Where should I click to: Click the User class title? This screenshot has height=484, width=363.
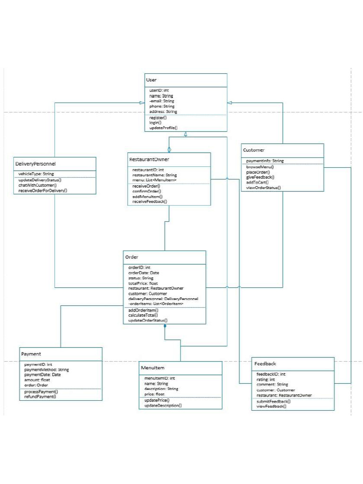[151, 80]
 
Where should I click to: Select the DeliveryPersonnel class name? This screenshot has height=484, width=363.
[35, 164]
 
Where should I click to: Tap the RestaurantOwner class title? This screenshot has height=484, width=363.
[149, 159]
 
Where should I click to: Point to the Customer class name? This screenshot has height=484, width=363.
[254, 150]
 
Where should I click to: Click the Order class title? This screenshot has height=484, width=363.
[131, 257]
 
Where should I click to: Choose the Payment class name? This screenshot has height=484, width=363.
[31, 354]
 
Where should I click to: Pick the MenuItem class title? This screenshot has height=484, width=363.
[152, 368]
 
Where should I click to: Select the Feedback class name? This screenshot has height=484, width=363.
[265, 363]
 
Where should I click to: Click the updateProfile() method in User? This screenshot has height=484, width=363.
[163, 128]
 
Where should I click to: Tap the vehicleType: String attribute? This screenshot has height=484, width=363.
[35, 174]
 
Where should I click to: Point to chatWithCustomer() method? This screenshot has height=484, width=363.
[37, 185]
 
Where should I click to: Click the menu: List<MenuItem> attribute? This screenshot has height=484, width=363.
[155, 180]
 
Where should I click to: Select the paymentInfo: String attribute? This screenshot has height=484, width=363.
[265, 161]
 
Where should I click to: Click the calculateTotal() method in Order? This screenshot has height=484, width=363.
[143, 315]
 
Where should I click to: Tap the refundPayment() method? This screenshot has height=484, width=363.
[40, 397]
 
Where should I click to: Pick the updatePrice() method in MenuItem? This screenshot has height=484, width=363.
[156, 400]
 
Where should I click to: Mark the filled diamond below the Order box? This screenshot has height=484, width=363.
[165, 327]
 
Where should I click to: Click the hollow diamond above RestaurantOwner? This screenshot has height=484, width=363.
[169, 149]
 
